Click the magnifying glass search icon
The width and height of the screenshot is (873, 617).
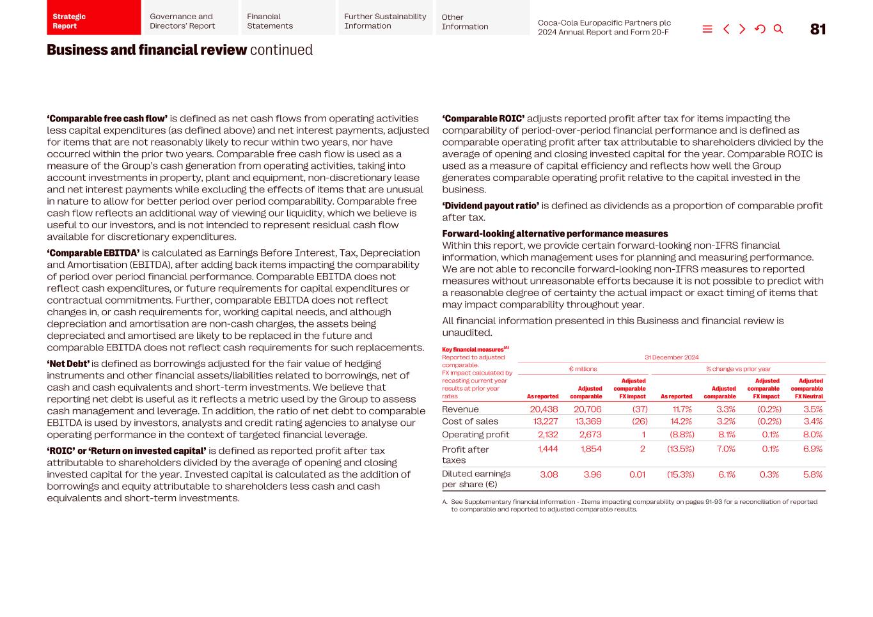tap(778, 29)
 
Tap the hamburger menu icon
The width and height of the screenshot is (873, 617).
tap(707, 29)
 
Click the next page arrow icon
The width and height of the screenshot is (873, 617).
tap(742, 29)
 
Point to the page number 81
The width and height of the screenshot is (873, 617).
tap(817, 29)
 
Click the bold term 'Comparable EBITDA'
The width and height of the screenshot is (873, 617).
tap(93, 253)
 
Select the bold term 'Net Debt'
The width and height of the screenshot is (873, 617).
tap(68, 364)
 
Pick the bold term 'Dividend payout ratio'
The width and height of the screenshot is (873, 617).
tap(491, 206)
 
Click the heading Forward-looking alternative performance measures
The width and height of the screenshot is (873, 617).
tap(554, 234)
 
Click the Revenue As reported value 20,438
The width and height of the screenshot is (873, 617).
tap(544, 409)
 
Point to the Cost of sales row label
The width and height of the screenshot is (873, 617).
tap(469, 421)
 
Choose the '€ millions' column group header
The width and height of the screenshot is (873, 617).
tap(583, 369)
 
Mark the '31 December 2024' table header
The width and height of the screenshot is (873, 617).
tap(671, 357)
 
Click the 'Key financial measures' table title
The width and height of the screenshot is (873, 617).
tap(473, 350)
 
